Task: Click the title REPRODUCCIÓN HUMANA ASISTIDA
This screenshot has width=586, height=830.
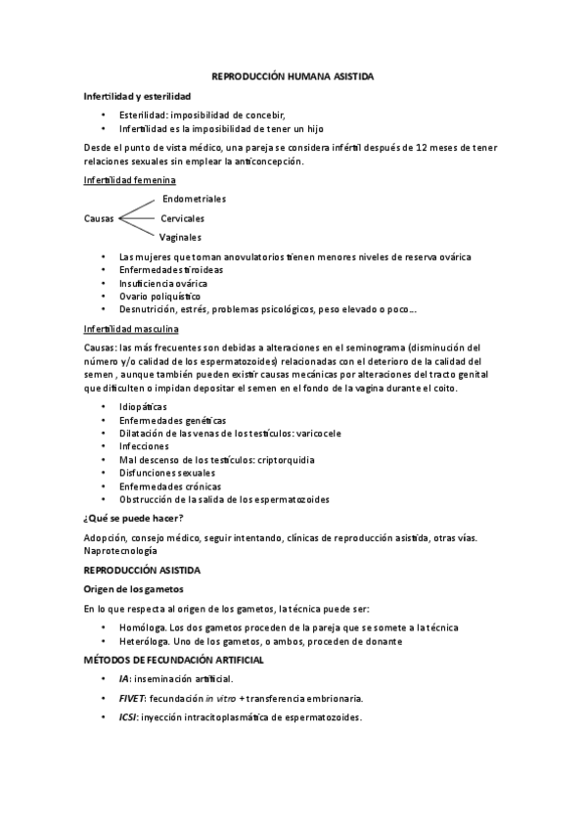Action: [x=293, y=76]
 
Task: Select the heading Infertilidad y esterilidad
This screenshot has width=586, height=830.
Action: [x=137, y=96]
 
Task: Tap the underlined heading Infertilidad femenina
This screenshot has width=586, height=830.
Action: [x=130, y=181]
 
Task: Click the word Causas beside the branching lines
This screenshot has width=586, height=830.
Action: [x=100, y=218]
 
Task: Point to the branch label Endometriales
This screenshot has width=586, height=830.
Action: [x=194, y=200]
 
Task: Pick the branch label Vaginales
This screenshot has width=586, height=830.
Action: [x=181, y=237]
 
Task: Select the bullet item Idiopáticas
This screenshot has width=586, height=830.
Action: [x=143, y=406]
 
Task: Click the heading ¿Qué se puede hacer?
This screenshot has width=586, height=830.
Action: [x=135, y=518]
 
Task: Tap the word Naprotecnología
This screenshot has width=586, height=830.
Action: [x=122, y=552]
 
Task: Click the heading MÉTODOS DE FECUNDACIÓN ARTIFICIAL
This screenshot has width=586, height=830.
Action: [x=174, y=660]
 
